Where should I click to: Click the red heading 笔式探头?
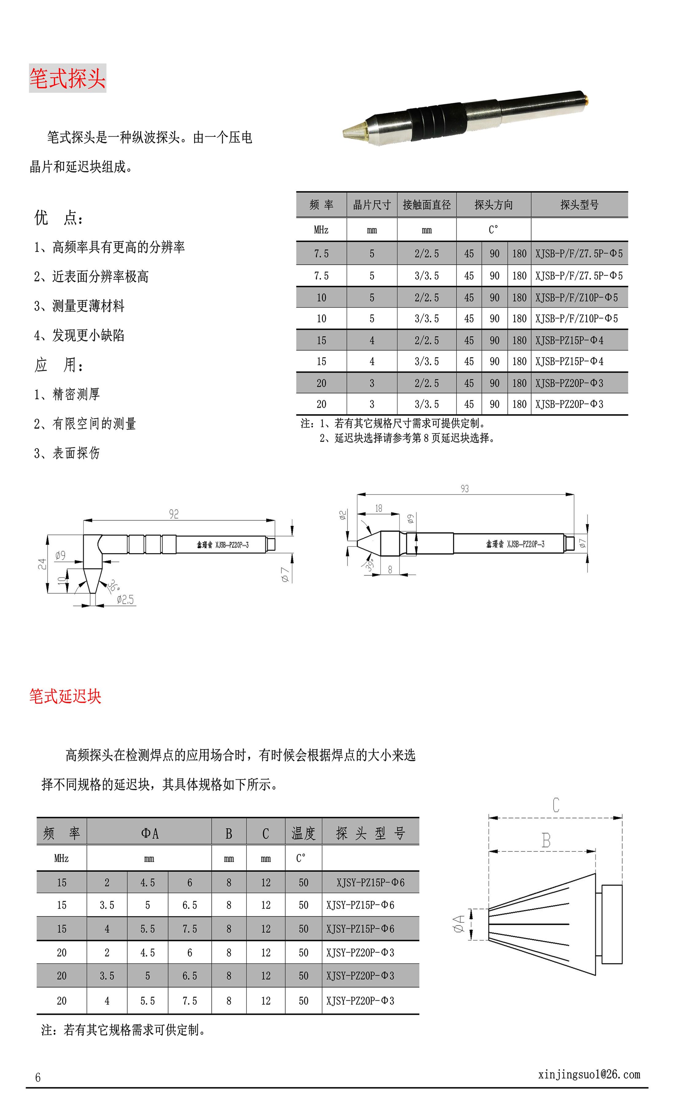tap(67, 79)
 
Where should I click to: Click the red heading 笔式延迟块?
tap(65, 696)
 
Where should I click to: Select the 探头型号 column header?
tap(579, 205)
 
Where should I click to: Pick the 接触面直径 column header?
tap(427, 205)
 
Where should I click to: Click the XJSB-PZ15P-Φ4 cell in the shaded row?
tap(569, 340)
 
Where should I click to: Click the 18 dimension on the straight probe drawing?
tap(378, 508)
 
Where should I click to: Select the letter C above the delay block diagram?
tap(556, 805)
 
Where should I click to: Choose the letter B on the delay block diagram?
tap(546, 840)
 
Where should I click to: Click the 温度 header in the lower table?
tap(303, 833)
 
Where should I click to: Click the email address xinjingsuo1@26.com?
tap(589, 1074)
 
